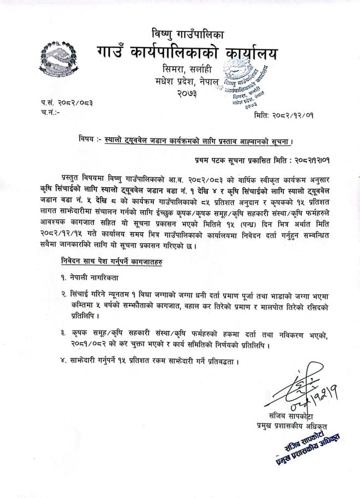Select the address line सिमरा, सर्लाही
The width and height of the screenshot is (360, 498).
(x=185, y=71)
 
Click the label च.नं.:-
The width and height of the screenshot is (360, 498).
(x=49, y=113)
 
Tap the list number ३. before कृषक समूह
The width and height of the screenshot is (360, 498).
(x=64, y=333)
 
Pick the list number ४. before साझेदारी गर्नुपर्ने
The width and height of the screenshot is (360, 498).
(x=64, y=361)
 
